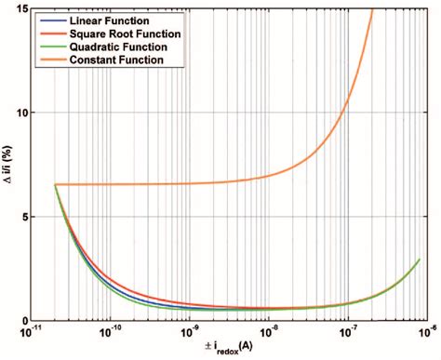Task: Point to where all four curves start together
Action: pyautogui.click(x=56, y=185)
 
